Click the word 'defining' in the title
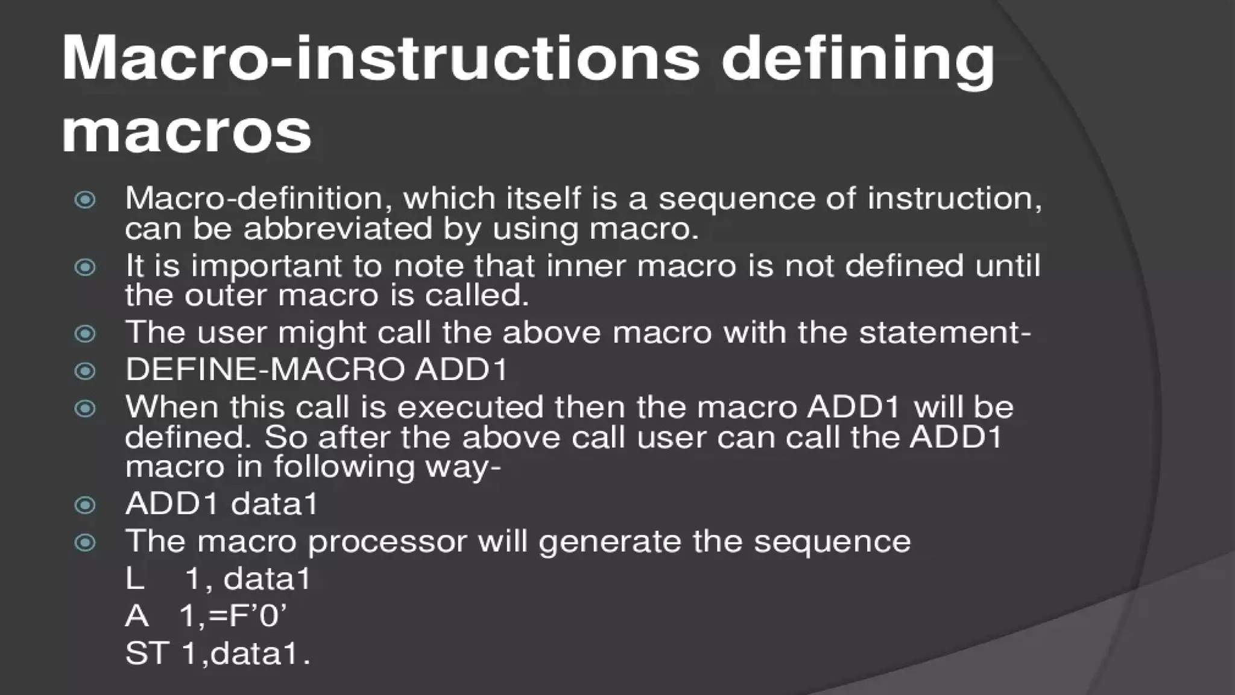(x=858, y=59)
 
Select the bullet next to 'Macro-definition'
(x=85, y=200)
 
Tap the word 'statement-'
(x=944, y=333)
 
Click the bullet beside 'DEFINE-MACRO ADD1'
(x=85, y=370)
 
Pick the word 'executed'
(x=470, y=407)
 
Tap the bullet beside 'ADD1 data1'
(x=85, y=505)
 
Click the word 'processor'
(x=387, y=542)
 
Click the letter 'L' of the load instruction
(x=134, y=579)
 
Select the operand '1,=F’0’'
(x=233, y=617)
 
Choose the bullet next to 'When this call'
(x=85, y=408)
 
